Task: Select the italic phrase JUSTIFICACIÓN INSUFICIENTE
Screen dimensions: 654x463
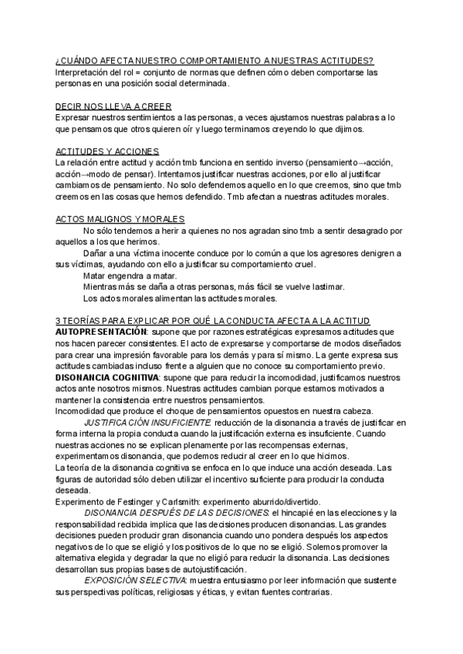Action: tap(147, 423)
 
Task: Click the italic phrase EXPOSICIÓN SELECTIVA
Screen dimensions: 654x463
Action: tap(135, 580)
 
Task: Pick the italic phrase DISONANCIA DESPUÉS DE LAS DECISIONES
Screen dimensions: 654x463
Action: tap(176, 512)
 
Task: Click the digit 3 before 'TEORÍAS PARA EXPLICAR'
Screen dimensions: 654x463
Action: tap(59, 320)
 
